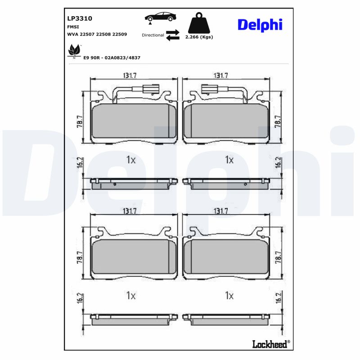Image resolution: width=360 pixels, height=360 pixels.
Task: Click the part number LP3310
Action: coord(79,18)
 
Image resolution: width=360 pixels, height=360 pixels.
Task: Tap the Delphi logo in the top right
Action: coord(260,25)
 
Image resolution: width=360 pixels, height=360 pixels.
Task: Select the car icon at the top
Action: coord(160,18)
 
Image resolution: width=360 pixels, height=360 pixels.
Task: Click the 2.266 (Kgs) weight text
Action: coord(199,37)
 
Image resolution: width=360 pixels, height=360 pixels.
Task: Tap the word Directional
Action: coord(153,35)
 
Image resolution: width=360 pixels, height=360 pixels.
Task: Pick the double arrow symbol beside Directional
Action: coord(172,35)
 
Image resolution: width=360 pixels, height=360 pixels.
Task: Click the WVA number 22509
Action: coord(119,34)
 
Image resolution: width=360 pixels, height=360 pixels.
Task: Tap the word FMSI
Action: coord(73,27)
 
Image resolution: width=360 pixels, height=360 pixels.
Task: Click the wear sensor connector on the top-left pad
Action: coord(149,89)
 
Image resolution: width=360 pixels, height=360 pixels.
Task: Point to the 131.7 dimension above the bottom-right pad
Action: coord(221,211)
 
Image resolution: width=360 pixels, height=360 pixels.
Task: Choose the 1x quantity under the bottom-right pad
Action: coord(229,296)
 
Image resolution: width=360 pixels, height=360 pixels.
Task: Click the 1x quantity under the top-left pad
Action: coord(130,160)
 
